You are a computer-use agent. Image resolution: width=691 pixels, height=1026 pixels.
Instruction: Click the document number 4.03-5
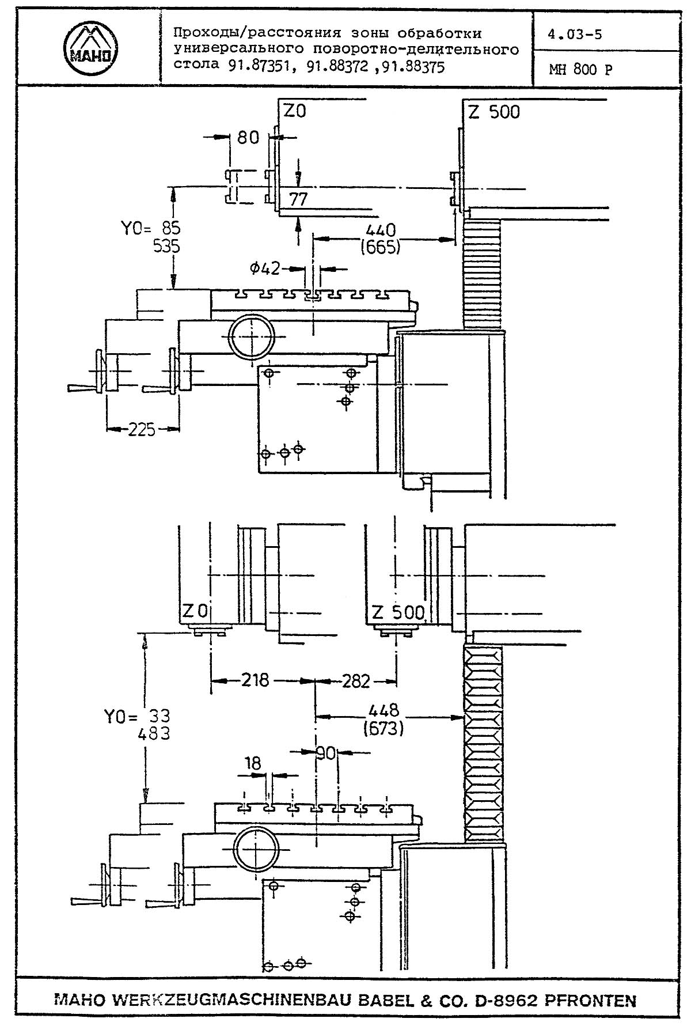[x=575, y=34]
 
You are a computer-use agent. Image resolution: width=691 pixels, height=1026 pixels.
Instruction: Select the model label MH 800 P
[x=580, y=70]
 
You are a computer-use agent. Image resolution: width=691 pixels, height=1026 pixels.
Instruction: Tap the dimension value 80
[x=248, y=138]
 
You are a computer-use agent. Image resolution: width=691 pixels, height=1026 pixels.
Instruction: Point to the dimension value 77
[x=298, y=199]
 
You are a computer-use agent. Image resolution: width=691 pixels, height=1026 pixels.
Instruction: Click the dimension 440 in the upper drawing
[x=381, y=230]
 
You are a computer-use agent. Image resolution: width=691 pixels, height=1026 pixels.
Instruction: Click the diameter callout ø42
[x=265, y=268]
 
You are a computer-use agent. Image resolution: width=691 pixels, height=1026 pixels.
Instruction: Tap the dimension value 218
[x=255, y=681]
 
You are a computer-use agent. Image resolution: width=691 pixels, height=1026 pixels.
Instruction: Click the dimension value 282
[x=355, y=681]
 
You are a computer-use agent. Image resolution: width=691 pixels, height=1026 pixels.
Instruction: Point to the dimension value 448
[x=385, y=711]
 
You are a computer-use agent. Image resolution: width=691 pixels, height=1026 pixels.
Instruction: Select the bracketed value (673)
[x=383, y=729]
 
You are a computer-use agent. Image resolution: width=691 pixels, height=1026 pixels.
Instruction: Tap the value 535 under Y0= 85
[x=166, y=247]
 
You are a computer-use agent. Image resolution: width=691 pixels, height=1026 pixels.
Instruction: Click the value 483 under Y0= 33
[x=154, y=733]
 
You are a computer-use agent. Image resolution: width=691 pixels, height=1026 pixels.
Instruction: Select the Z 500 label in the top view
[x=494, y=112]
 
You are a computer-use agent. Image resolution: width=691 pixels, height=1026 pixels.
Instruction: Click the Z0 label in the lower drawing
[x=195, y=611]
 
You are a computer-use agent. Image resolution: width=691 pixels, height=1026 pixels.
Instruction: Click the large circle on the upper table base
[x=252, y=336]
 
